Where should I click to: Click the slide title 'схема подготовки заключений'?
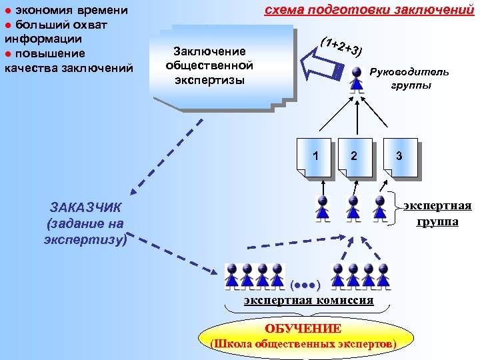pos(364,9)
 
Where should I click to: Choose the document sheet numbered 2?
pos(355,157)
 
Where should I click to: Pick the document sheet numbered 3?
pos(398,157)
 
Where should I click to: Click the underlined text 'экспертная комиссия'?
pos(309,301)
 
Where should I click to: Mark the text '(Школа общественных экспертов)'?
pos(303,344)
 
